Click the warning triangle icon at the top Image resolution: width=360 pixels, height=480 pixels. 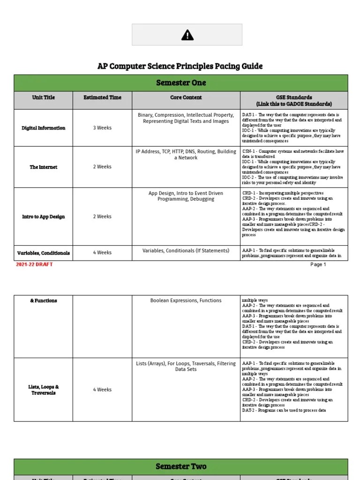coord(187,35)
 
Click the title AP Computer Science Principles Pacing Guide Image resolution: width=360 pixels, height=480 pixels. coord(180,66)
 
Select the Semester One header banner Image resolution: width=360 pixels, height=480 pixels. coord(181,83)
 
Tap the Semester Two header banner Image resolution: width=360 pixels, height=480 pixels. coord(181,466)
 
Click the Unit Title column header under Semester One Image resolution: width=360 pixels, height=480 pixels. coord(44,97)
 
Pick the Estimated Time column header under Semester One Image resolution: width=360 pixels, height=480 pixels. coord(102,97)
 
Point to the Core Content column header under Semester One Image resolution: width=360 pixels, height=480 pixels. coord(186,97)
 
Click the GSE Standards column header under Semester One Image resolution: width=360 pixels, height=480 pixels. coord(294,100)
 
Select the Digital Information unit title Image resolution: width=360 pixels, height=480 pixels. coord(44,128)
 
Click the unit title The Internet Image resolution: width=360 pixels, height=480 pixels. coord(44,167)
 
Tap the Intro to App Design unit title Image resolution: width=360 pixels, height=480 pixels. coord(44,217)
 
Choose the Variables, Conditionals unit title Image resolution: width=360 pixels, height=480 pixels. coord(44,253)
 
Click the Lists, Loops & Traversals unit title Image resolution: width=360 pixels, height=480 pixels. coord(44,390)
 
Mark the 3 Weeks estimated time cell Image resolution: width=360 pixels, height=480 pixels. coord(102,128)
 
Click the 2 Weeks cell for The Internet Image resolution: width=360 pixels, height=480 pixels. coord(102,167)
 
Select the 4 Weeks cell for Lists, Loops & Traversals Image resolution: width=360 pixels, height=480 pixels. coord(102,390)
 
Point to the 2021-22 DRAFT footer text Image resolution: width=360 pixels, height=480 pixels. coord(34,264)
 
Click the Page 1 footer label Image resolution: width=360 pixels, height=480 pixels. coord(318,264)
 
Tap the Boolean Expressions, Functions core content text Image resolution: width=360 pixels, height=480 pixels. coord(186,300)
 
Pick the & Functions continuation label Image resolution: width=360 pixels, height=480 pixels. coord(44,300)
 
